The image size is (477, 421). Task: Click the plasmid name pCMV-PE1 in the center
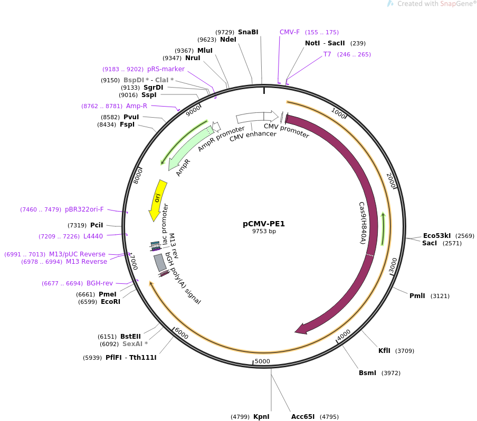click(x=264, y=224)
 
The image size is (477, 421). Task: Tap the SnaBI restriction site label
click(x=248, y=32)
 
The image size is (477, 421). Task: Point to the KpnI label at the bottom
click(x=261, y=416)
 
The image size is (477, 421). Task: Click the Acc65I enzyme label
click(x=303, y=416)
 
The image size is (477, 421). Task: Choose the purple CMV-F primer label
click(x=290, y=32)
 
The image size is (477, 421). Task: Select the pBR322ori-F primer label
click(x=84, y=209)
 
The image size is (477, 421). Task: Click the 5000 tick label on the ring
click(x=262, y=361)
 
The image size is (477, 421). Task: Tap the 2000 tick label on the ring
click(x=391, y=180)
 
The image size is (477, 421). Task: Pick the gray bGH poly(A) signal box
click(x=160, y=263)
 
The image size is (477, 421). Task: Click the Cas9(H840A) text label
click(x=362, y=223)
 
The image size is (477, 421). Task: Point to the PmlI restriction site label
click(x=417, y=295)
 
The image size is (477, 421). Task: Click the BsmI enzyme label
click(x=367, y=372)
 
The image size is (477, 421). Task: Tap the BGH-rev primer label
click(x=100, y=283)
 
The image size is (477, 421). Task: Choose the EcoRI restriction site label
click(x=110, y=301)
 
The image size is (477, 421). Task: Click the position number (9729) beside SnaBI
click(x=225, y=32)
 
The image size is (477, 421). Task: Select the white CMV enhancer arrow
click(x=250, y=118)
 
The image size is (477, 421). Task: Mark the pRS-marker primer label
click(x=166, y=69)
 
